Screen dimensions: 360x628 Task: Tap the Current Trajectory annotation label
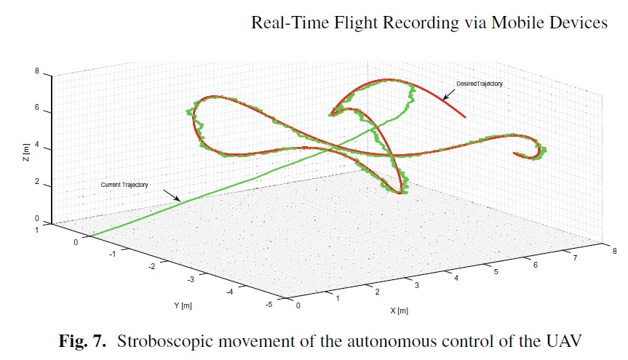(x=124, y=185)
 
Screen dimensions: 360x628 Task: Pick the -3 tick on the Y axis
(x=191, y=279)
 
